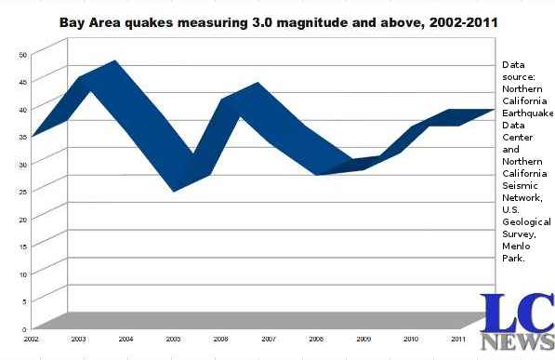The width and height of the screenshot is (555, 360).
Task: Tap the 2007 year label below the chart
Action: coord(269,340)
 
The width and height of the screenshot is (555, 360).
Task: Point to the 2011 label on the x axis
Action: coord(458,340)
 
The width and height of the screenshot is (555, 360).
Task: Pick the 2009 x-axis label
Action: coord(363,340)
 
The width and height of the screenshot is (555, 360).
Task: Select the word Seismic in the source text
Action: coord(520,185)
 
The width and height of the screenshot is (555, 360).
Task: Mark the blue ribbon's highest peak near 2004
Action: coord(114,63)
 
